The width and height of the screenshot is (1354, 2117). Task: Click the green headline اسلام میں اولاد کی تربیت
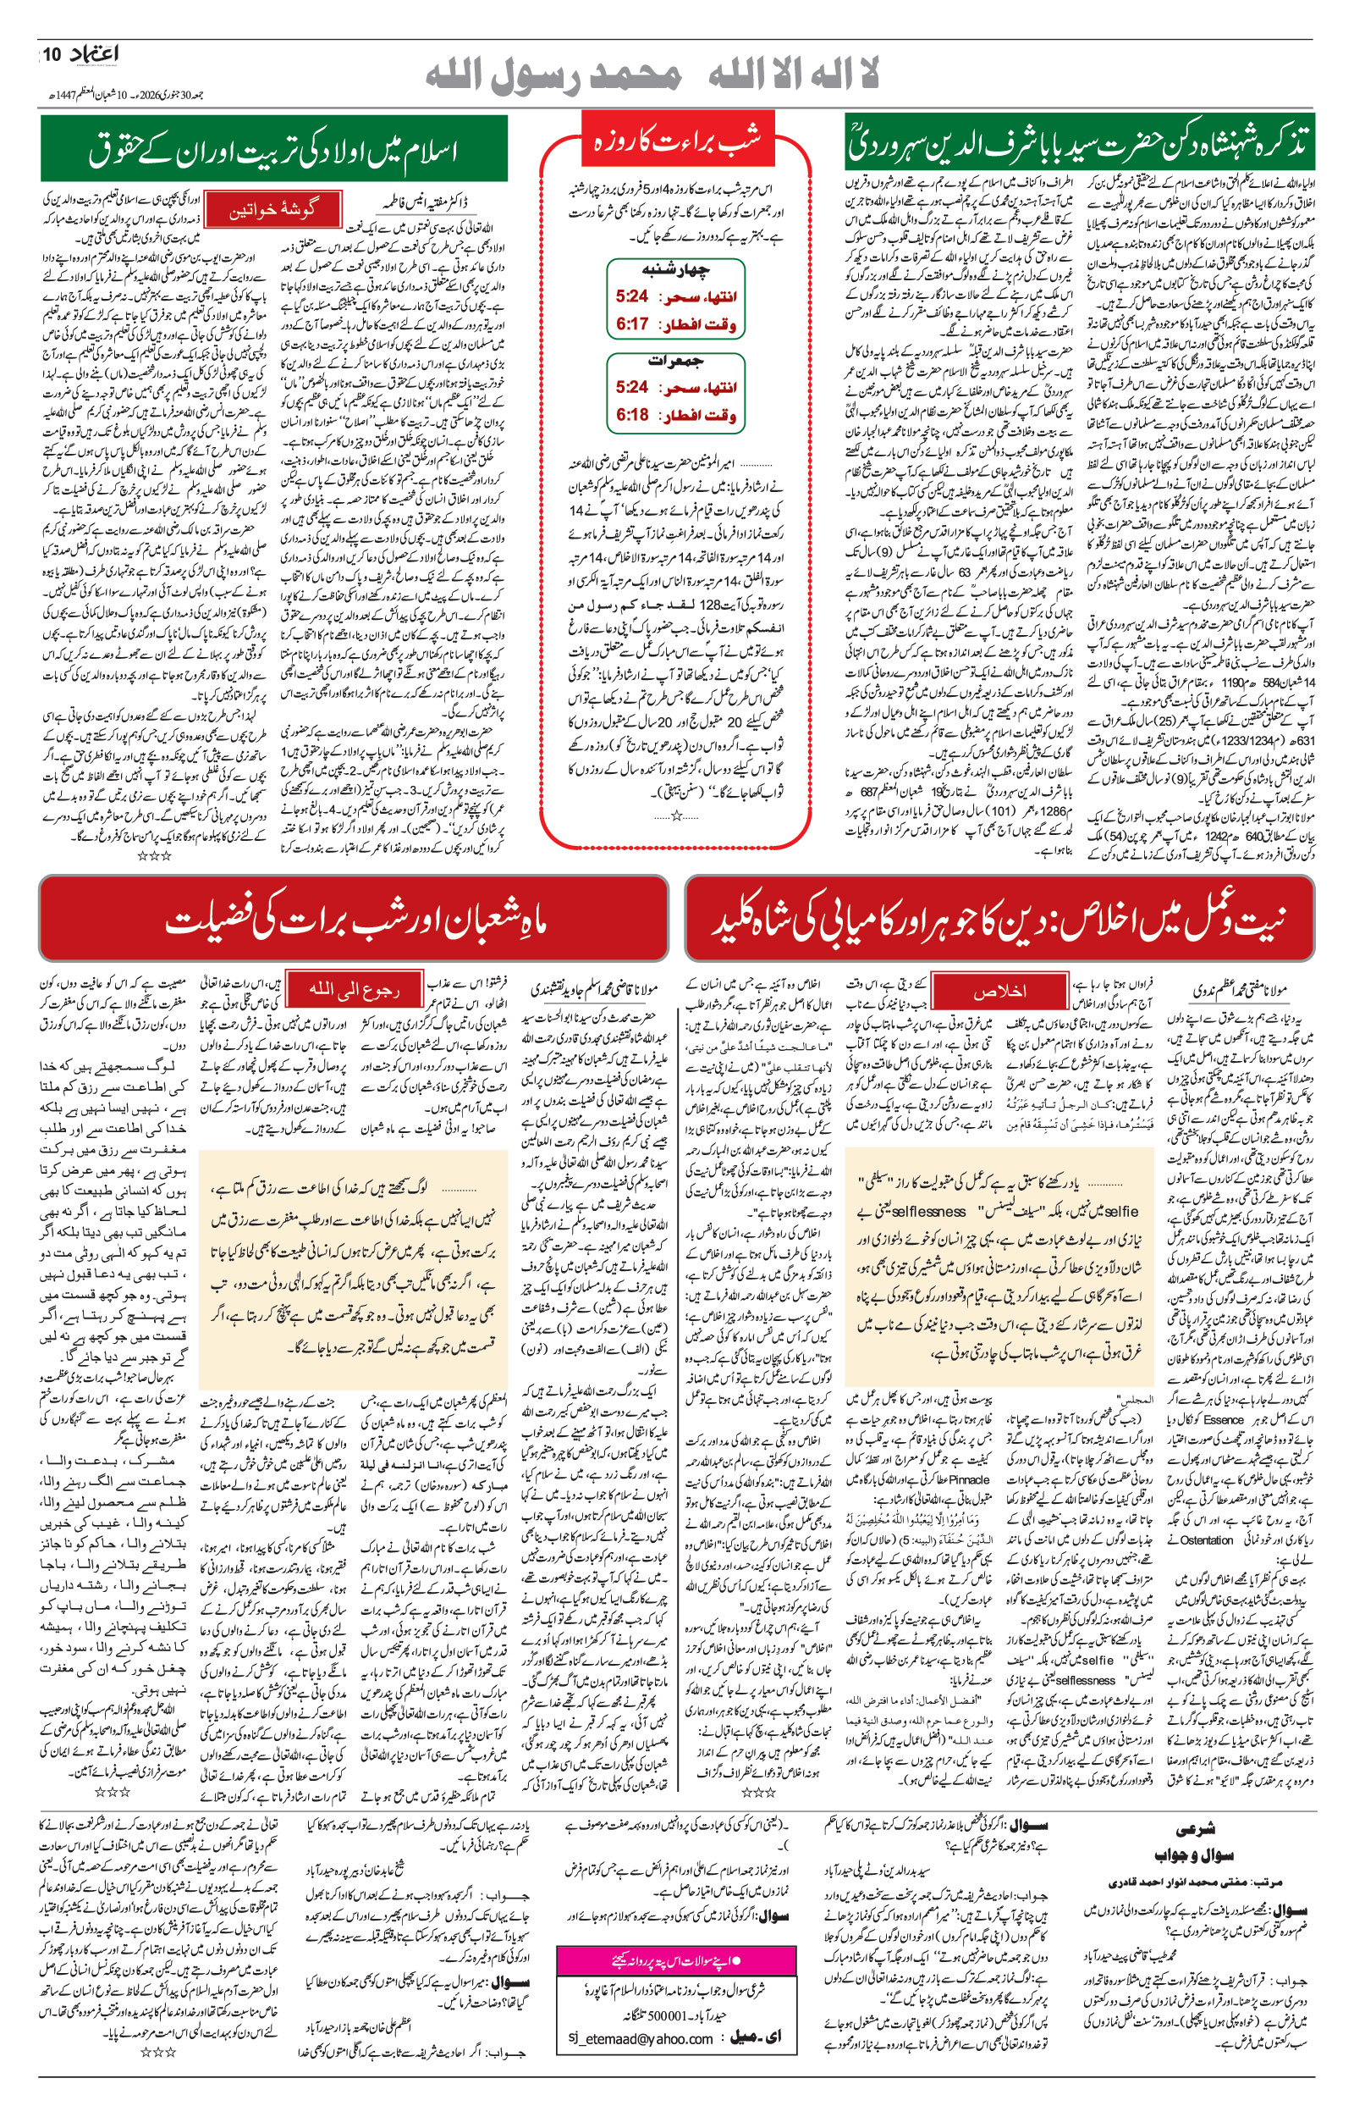pos(273,150)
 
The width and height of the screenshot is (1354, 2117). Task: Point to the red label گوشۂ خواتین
pos(272,211)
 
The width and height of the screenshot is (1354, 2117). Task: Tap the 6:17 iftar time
pos(632,323)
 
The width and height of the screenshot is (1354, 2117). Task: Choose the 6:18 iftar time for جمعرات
pos(632,414)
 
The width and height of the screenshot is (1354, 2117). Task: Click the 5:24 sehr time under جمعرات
pos(632,387)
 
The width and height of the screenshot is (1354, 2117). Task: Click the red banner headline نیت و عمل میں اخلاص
pos(999,920)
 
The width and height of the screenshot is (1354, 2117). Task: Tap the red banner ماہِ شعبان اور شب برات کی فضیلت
pos(355,920)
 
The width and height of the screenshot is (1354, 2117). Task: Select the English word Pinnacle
pos(970,1480)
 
